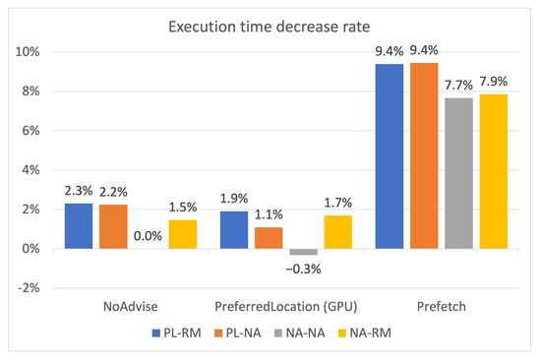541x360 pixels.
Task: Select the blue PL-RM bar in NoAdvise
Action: click(x=78, y=226)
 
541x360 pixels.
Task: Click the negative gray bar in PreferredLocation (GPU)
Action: click(x=305, y=252)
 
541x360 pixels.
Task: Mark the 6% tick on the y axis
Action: click(x=31, y=130)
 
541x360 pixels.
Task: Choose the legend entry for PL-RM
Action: click(x=179, y=334)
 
